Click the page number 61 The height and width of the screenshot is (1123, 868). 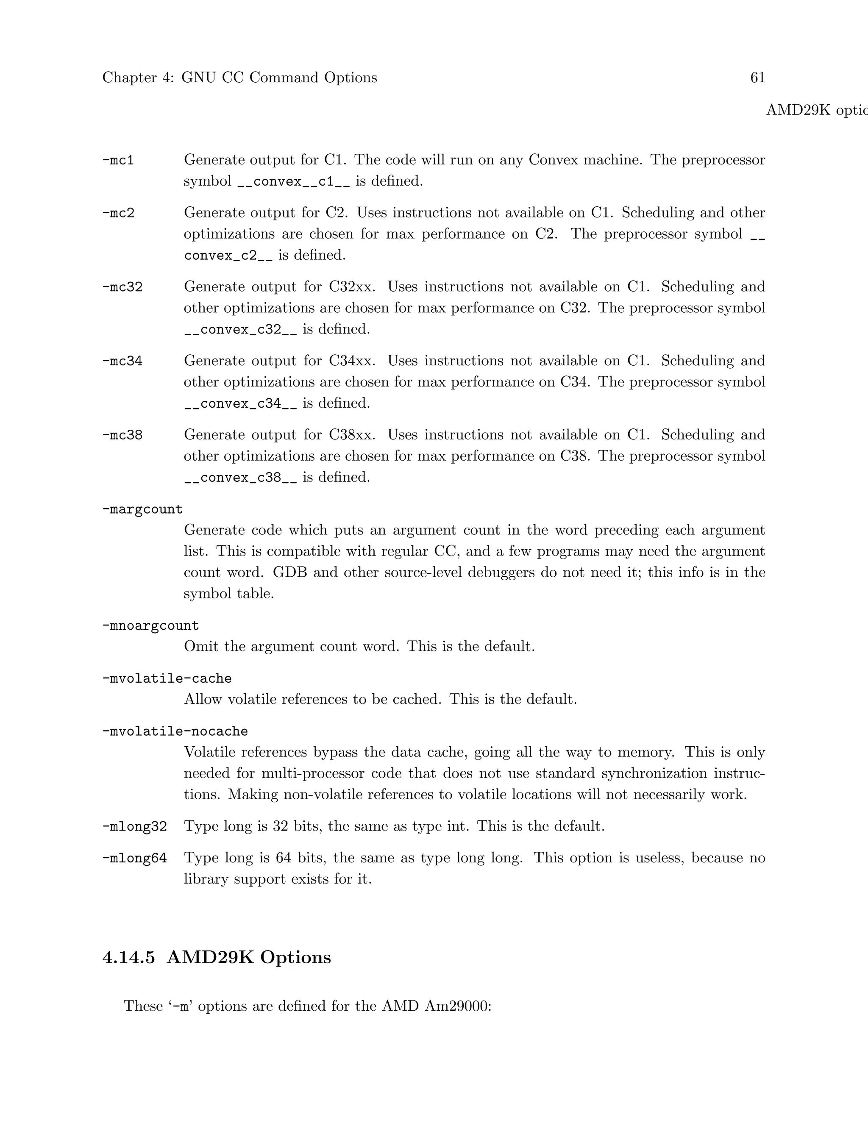[x=757, y=78]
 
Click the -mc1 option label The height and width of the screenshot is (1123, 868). [x=118, y=161]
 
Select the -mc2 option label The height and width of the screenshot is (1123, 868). [x=118, y=213]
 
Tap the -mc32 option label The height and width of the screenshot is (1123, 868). [x=122, y=287]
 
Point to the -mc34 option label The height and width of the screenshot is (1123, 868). [x=122, y=361]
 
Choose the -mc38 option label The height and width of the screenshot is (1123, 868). [x=122, y=435]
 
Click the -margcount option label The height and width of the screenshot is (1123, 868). [x=142, y=509]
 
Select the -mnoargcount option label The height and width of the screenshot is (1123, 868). [x=150, y=626]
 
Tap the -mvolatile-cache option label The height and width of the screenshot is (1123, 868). [x=167, y=679]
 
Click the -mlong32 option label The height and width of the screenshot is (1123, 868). [x=135, y=827]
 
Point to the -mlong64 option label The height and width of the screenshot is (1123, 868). [x=135, y=858]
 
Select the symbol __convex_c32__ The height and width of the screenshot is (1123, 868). [x=240, y=330]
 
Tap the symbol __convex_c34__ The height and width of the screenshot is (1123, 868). [x=240, y=403]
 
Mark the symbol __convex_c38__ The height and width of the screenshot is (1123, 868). [x=240, y=478]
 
